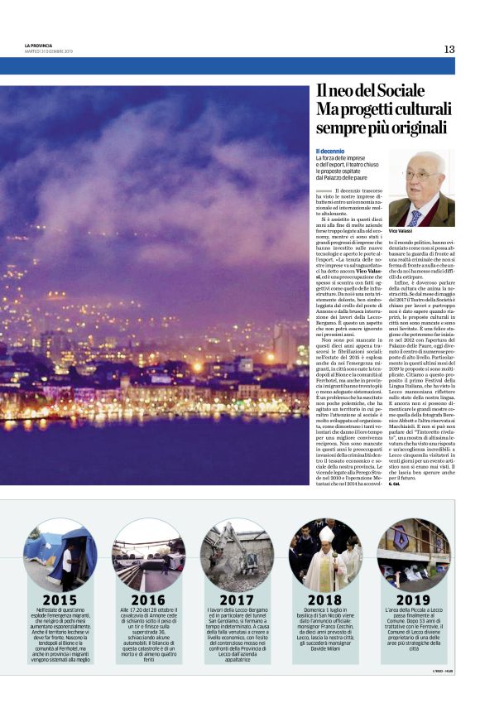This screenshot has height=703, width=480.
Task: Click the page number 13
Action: pos(449,49)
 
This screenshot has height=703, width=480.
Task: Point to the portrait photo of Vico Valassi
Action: pos(421,188)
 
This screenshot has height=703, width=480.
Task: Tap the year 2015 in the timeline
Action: pos(60,600)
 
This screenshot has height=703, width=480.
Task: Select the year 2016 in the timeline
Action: pos(147,600)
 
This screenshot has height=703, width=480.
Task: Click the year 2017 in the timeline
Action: pos(237,600)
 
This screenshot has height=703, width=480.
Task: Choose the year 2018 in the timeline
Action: pos(324,600)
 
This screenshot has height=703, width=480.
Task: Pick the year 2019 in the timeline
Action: pos(413,600)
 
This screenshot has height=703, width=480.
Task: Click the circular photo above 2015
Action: pos(60,554)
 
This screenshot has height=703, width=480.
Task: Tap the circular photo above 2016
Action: pos(147,554)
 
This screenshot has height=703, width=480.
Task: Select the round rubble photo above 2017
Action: pos(237,554)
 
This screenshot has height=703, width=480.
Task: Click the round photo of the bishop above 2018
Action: pos(324,554)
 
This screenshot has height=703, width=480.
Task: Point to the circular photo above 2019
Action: pos(413,554)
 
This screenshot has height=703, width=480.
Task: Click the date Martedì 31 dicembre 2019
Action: pos(49,51)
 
